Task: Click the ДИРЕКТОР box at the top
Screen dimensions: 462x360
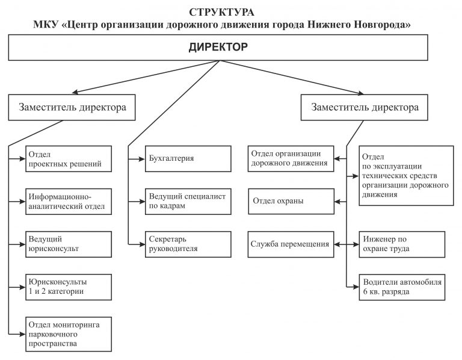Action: point(218,48)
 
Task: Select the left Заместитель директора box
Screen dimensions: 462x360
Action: point(72,107)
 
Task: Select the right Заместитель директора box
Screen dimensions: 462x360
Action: point(364,107)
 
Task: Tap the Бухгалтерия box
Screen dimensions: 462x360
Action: point(188,158)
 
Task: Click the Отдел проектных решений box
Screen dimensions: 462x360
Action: point(69,158)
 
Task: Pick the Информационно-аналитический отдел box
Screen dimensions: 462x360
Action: point(69,202)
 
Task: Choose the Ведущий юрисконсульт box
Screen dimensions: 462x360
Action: point(69,244)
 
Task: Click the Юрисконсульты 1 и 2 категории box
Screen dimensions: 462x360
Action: point(69,287)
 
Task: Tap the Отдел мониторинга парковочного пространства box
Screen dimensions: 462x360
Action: point(69,334)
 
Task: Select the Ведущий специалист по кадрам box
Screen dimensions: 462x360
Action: point(188,202)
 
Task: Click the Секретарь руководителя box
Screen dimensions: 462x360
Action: point(188,244)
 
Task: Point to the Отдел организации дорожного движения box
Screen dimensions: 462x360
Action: point(291,158)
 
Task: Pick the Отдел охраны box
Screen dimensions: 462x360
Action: point(291,202)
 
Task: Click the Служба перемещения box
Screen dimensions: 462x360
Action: point(291,244)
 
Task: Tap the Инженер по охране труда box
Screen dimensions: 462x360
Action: point(402,244)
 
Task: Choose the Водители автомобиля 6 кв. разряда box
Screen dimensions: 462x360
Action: point(402,287)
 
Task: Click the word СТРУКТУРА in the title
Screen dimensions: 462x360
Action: point(221,13)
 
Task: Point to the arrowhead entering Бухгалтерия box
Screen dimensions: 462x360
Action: point(142,159)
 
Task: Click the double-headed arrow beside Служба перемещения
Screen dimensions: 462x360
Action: point(346,244)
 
